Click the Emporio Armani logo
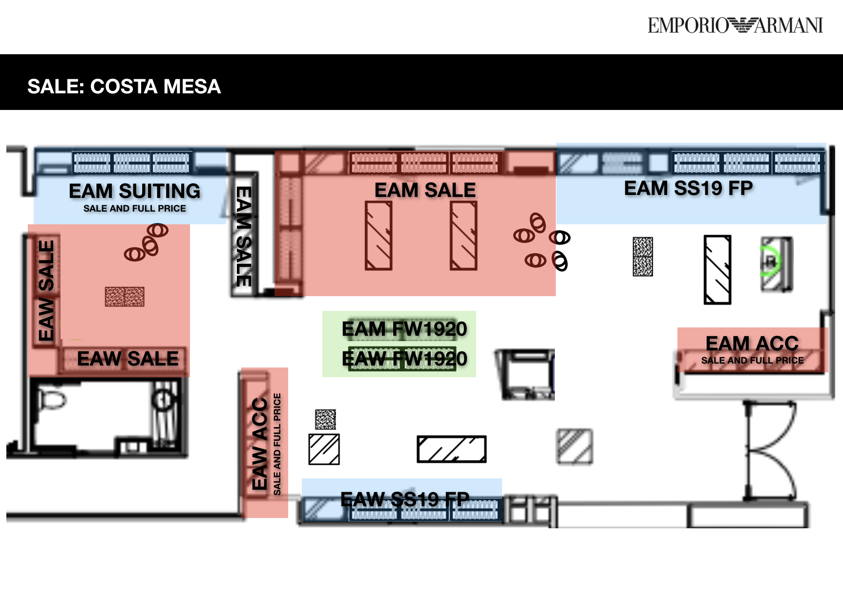735,25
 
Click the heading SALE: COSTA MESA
124,86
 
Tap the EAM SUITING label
134,191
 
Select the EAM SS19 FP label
688,189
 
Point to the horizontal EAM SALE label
425,190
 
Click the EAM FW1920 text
404,329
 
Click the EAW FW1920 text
404,359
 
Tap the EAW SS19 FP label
404,499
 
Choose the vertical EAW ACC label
260,444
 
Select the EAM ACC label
752,343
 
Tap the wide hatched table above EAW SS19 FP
451,449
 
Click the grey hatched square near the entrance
575,446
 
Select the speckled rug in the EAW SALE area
125,297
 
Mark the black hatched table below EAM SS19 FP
717,270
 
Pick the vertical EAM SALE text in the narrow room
244,236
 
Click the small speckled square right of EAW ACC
325,419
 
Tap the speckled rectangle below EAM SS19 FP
643,257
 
